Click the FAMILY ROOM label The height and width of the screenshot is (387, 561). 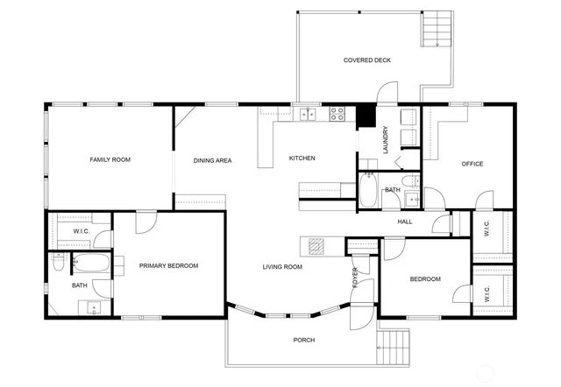tap(110, 159)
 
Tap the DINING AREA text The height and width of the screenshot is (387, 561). tap(212, 161)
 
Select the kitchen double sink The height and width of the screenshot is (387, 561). tap(307, 113)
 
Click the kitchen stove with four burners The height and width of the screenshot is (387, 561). tap(337, 113)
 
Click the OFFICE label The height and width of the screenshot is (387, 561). tap(472, 164)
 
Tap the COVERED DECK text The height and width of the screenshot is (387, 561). tap(367, 60)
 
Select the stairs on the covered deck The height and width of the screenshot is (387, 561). tap(436, 32)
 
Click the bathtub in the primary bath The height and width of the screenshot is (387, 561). tap(91, 261)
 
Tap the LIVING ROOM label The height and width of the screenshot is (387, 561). tap(282, 266)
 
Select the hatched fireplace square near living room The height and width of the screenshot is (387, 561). tap(316, 245)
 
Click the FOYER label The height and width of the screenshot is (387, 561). tap(355, 277)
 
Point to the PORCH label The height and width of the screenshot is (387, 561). tap(303, 340)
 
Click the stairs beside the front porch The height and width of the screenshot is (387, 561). tap(394, 348)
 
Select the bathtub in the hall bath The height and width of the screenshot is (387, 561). tap(369, 191)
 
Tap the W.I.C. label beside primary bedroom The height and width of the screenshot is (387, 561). tap(81, 231)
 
